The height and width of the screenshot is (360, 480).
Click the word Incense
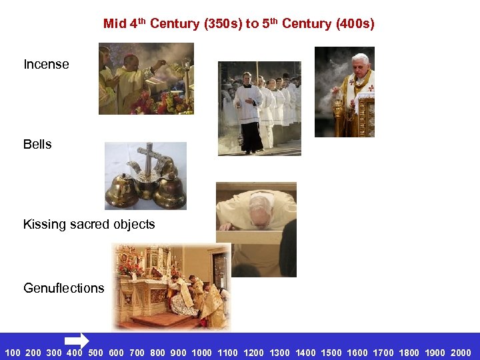click(x=46, y=65)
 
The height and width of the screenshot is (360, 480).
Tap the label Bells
click(x=37, y=145)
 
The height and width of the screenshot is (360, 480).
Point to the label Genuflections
click(x=64, y=288)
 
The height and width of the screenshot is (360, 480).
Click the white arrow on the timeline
click(x=77, y=341)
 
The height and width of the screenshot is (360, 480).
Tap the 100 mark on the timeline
click(x=13, y=353)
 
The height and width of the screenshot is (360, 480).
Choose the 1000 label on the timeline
click(x=201, y=353)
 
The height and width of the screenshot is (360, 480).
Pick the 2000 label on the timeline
click(x=461, y=353)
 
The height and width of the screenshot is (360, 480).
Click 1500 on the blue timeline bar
click(x=331, y=353)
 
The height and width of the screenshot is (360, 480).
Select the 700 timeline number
click(x=137, y=353)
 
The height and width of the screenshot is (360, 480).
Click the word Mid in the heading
click(x=115, y=24)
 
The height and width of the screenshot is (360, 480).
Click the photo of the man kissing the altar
click(x=256, y=229)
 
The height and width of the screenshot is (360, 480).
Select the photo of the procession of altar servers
click(x=259, y=108)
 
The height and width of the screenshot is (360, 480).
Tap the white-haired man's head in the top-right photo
click(x=361, y=64)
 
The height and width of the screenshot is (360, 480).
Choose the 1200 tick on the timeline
click(x=253, y=353)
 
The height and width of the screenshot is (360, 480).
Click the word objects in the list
click(x=133, y=225)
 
